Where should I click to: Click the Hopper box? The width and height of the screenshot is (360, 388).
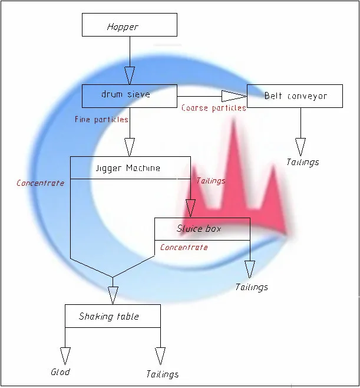point(130,25)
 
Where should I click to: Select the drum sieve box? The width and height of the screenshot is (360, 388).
point(130,96)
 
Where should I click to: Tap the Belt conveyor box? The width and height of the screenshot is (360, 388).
point(295,96)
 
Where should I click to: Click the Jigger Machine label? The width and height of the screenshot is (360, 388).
point(128,168)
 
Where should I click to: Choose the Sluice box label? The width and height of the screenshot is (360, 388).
point(199,228)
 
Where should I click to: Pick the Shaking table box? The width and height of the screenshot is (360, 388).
point(113,316)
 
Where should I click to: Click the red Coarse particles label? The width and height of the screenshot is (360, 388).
point(214,108)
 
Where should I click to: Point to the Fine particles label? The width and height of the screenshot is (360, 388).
point(101,120)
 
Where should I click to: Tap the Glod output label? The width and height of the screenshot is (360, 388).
point(61,371)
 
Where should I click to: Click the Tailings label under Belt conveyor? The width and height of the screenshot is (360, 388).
point(303,162)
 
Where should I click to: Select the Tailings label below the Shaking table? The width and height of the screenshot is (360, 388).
point(163,374)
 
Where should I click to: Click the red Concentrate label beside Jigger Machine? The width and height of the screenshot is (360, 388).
point(40,183)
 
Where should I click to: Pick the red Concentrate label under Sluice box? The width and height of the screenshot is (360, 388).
point(184,247)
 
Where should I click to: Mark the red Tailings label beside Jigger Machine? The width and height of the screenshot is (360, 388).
point(211,181)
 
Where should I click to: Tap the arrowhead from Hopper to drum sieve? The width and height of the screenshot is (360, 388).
point(130,75)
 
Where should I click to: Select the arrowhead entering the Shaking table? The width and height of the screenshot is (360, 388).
point(113,295)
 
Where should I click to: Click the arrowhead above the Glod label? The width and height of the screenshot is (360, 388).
point(65,356)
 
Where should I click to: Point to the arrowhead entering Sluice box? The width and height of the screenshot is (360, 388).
point(190,209)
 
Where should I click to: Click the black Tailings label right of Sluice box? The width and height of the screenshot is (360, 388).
point(252,287)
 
